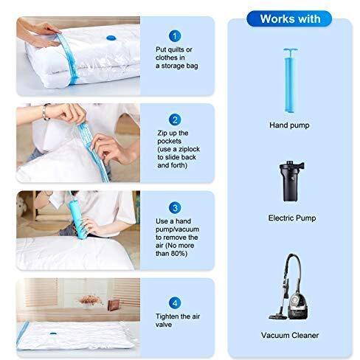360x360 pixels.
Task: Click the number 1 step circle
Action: click(x=175, y=36)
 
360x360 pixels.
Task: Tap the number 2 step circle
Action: click(x=175, y=120)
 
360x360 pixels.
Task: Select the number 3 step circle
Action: click(x=175, y=208)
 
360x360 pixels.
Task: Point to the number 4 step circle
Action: click(x=175, y=303)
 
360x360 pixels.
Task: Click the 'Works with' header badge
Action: click(x=289, y=18)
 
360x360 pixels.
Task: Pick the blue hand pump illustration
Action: click(x=290, y=80)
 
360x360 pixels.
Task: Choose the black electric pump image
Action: click(x=291, y=181)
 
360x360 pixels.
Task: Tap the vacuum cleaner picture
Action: click(x=288, y=286)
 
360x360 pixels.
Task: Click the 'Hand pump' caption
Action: click(x=289, y=125)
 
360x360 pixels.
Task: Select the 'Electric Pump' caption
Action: click(x=292, y=218)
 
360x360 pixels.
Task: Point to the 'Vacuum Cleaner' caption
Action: click(x=290, y=335)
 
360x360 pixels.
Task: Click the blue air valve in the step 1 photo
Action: click(x=111, y=38)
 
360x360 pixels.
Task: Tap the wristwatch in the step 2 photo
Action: click(x=45, y=112)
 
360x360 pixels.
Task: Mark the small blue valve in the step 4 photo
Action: click(x=53, y=333)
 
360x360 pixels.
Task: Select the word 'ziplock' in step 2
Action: click(x=189, y=149)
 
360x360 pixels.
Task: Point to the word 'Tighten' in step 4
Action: click(x=167, y=316)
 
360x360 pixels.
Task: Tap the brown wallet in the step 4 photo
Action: click(x=114, y=305)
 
